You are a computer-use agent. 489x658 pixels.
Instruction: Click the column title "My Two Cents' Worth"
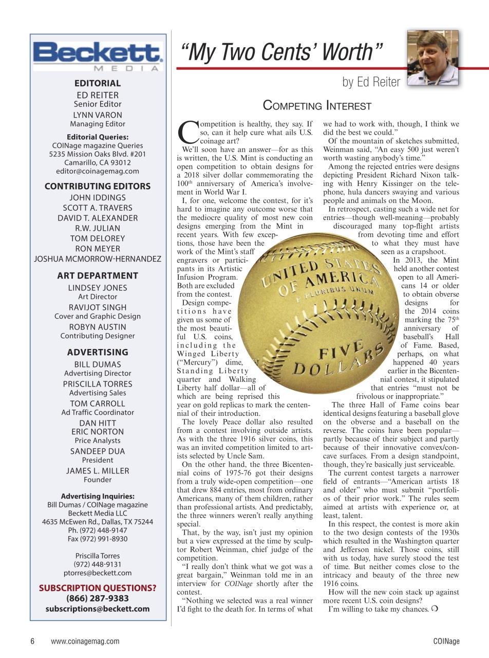tap(281, 52)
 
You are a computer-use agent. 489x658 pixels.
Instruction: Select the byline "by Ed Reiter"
tap(371, 82)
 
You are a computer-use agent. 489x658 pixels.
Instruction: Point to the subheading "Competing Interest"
tap(317, 106)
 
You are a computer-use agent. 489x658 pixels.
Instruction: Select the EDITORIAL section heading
tap(98, 83)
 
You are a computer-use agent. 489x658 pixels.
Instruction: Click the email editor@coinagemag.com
tap(98, 171)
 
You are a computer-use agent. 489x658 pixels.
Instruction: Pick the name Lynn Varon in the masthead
tap(98, 115)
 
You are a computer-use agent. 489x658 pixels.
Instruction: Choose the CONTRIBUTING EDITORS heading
tap(98, 186)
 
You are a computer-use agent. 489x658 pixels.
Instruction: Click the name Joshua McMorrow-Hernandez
tap(98, 259)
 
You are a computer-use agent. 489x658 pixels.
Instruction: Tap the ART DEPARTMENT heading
tap(98, 276)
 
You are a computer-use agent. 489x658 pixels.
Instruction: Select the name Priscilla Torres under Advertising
tap(98, 383)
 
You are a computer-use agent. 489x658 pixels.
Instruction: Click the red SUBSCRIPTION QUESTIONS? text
tap(98, 588)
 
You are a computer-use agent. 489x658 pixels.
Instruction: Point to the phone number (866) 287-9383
tap(98, 598)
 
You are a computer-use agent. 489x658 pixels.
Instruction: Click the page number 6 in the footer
tap(32, 641)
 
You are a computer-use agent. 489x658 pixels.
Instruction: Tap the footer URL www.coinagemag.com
tap(85, 641)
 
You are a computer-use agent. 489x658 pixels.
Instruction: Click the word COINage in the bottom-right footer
tap(445, 641)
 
